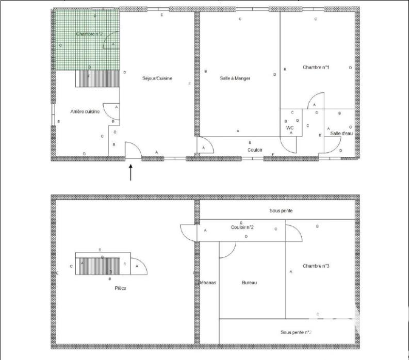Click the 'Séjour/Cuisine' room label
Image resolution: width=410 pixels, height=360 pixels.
(x=157, y=78)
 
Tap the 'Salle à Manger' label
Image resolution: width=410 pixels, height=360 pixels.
(x=235, y=78)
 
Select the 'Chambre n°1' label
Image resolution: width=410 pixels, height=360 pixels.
(x=316, y=67)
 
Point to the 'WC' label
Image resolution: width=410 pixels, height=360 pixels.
(x=290, y=127)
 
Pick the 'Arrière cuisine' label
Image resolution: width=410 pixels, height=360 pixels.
(x=85, y=111)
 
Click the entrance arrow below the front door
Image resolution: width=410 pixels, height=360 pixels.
(x=130, y=173)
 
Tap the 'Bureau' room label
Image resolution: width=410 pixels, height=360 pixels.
(x=249, y=283)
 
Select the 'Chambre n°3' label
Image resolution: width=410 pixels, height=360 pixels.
(x=316, y=266)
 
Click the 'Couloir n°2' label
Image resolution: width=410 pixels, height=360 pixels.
(x=242, y=227)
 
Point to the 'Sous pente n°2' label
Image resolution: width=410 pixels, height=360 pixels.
(x=296, y=333)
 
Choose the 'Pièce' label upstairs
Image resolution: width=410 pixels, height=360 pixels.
(x=120, y=288)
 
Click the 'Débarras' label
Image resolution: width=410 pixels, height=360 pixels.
(x=208, y=283)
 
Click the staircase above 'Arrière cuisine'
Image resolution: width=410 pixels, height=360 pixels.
(x=97, y=79)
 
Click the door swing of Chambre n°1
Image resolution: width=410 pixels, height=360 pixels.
(x=315, y=101)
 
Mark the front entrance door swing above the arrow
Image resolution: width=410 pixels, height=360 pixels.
(x=134, y=151)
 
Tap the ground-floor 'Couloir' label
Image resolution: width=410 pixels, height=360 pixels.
(x=255, y=150)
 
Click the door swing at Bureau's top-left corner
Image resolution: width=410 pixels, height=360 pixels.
(x=227, y=249)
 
